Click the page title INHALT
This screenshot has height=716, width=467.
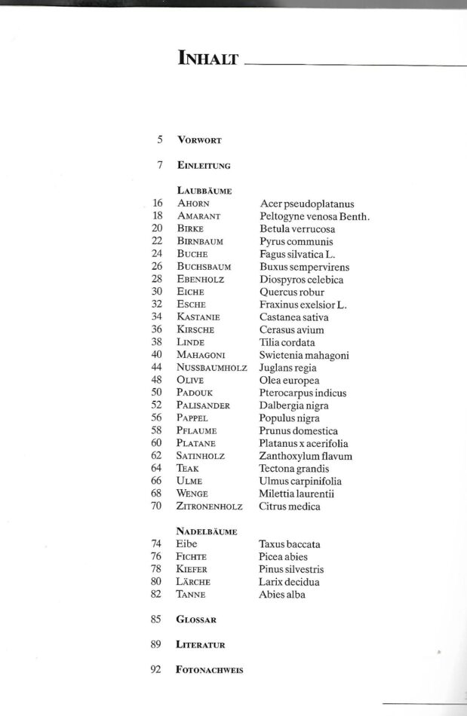click(207, 58)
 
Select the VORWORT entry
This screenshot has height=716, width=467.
click(199, 140)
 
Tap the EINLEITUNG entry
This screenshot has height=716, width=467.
click(204, 166)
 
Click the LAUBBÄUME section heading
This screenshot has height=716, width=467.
click(204, 191)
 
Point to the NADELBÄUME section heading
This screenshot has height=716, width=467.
click(207, 531)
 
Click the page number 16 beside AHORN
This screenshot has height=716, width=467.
click(157, 203)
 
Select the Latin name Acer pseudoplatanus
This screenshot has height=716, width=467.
click(306, 204)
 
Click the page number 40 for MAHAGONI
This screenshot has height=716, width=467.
click(157, 355)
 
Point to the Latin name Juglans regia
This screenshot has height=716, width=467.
click(288, 368)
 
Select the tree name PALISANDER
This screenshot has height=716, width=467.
click(204, 405)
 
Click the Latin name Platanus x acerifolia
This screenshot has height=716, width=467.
click(305, 443)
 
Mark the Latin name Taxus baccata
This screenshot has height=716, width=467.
click(289, 544)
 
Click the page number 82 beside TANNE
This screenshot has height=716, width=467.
click(157, 595)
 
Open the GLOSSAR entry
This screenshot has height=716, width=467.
click(196, 620)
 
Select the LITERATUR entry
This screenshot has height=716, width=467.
click(201, 645)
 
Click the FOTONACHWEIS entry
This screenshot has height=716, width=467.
click(210, 670)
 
